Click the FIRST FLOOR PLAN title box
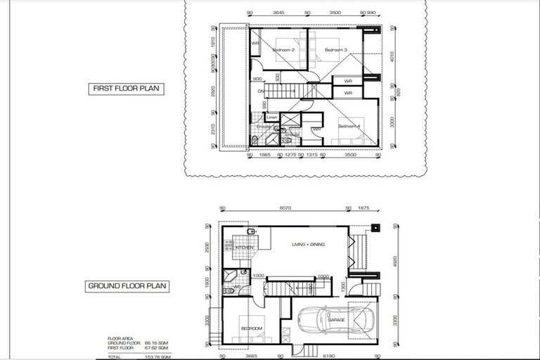(x=126, y=89)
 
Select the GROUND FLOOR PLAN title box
(x=127, y=286)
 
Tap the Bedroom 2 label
(x=283, y=50)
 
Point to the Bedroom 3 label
(x=335, y=50)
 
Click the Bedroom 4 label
(x=349, y=126)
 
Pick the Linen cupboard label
(x=262, y=117)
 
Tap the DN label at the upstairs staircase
(x=260, y=91)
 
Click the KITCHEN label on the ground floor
(x=244, y=248)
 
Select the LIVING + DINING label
(x=311, y=245)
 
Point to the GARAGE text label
(x=336, y=320)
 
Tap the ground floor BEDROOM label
(x=252, y=328)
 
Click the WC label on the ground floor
(x=238, y=287)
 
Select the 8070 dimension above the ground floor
(x=283, y=208)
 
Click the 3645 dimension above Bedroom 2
(x=278, y=13)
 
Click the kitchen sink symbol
(x=250, y=231)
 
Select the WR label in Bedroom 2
(x=256, y=44)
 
